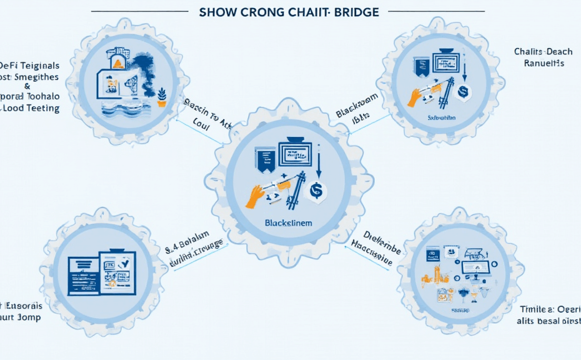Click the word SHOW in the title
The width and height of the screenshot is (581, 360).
[x=216, y=12]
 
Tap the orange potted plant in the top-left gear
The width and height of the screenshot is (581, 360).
[x=162, y=96]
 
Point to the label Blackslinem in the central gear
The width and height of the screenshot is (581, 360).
[x=288, y=223]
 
